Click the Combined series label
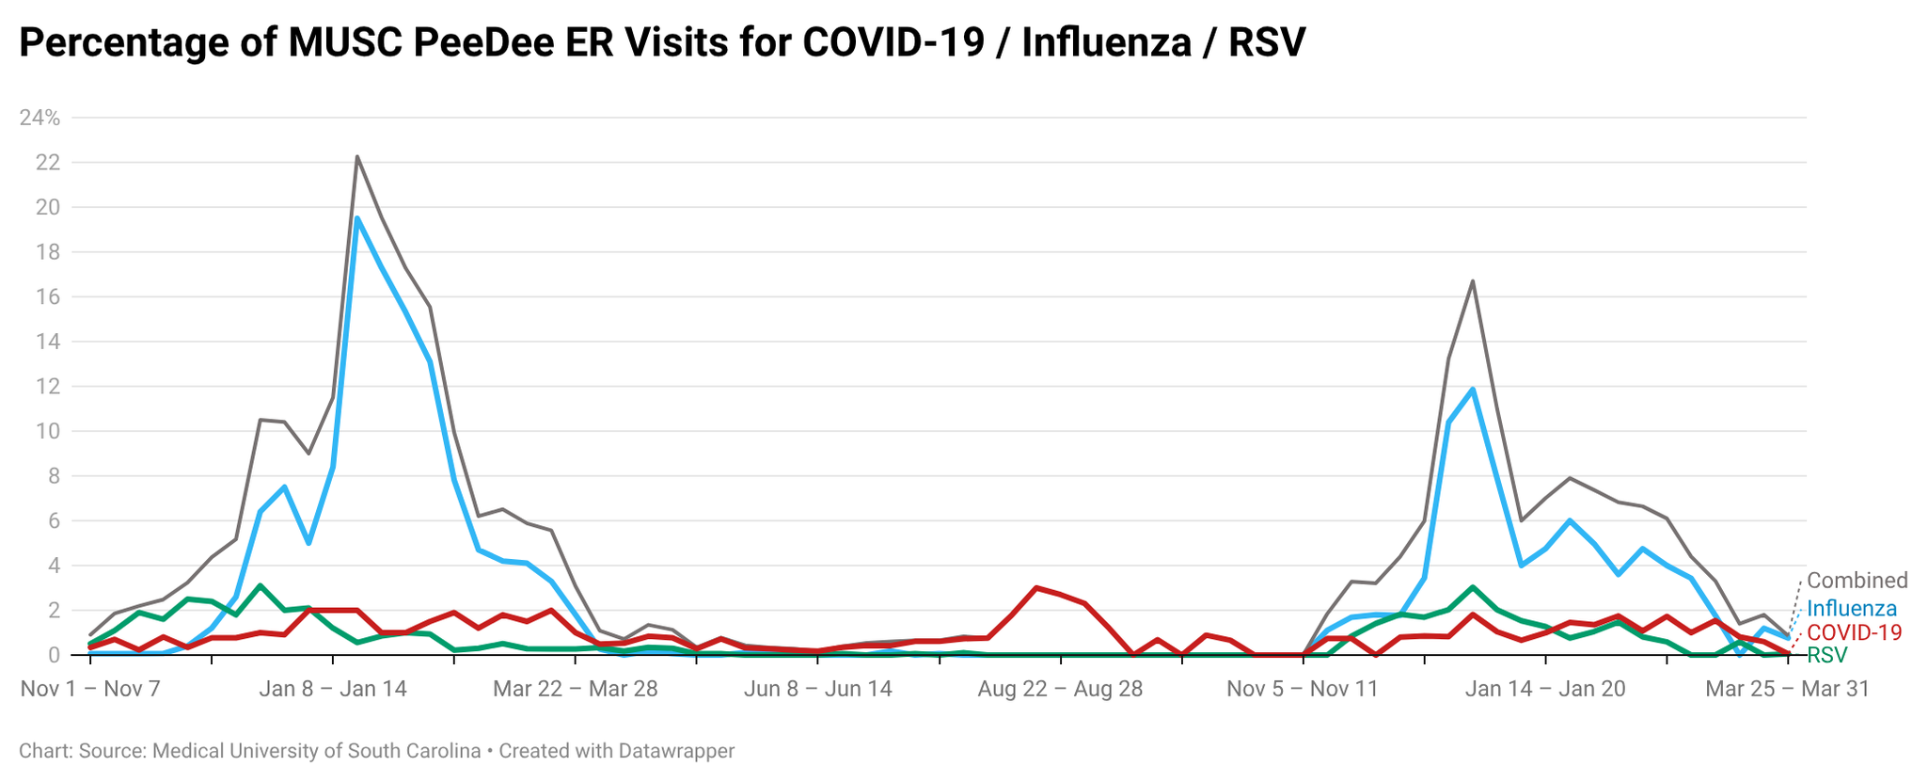(1857, 581)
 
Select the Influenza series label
(1852, 609)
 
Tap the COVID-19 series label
(1854, 632)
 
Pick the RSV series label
(1826, 655)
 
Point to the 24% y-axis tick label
(40, 118)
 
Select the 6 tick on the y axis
(54, 521)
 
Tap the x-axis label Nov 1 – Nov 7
(90, 689)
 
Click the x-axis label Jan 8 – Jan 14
(333, 689)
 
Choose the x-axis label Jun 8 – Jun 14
(817, 689)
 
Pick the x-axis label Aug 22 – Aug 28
(1060, 689)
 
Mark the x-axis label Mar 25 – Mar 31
(1787, 689)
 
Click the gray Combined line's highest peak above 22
(357, 156)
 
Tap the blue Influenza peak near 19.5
(357, 218)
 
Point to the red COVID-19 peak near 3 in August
(1035, 587)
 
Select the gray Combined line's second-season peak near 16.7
(1472, 280)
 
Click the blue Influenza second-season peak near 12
(1472, 389)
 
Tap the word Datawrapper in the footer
(676, 751)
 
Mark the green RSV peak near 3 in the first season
(261, 585)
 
